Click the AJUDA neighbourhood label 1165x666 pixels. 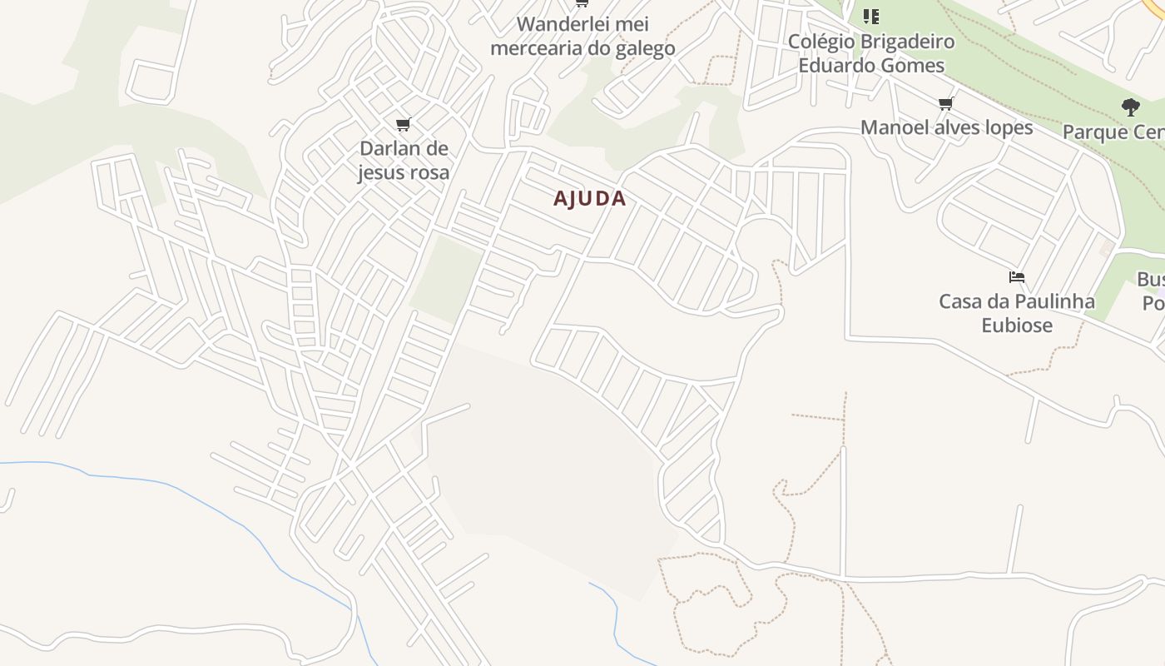589,198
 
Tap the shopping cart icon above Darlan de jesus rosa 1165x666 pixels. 404,125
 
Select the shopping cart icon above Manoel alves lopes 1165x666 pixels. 945,104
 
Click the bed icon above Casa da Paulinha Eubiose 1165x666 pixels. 1016,277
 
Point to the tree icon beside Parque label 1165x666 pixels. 1130,107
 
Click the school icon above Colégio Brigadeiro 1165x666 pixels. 870,17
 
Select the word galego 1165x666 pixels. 644,48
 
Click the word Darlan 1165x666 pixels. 390,149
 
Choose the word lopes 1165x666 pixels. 1008,127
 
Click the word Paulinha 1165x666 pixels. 1053,301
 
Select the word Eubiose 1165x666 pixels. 1017,326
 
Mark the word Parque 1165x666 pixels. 1092,132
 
